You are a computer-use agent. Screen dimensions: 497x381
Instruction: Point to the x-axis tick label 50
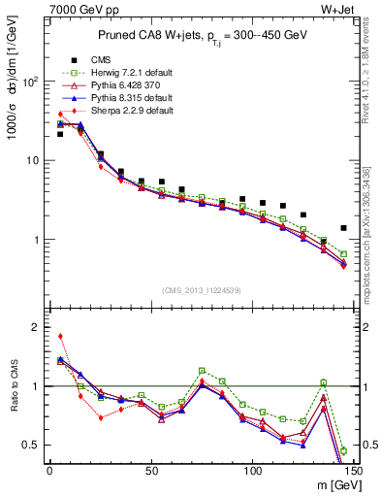151,471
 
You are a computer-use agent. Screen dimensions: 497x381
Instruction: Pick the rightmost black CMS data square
344,228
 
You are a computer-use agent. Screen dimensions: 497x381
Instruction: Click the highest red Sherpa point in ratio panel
60,337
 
